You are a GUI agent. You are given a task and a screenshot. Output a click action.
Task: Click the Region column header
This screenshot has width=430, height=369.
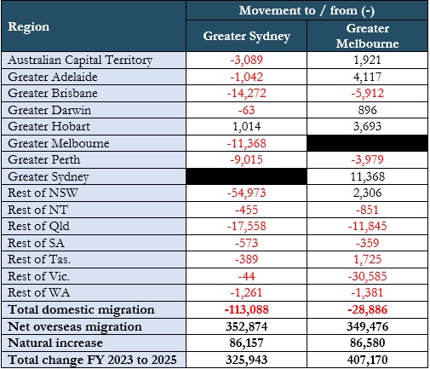pyautogui.click(x=29, y=27)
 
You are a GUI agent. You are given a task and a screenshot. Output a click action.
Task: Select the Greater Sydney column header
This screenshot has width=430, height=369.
pyautogui.click(x=246, y=37)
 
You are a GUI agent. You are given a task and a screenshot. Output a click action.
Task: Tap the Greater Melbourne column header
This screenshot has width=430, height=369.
pyautogui.click(x=368, y=36)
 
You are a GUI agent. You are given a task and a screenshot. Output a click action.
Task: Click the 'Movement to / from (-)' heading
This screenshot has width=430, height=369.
pyautogui.click(x=307, y=11)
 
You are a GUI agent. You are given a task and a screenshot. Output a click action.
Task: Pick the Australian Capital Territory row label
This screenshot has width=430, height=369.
pyautogui.click(x=80, y=61)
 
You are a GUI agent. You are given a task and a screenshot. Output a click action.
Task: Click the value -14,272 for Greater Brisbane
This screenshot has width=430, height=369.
pyautogui.click(x=246, y=94)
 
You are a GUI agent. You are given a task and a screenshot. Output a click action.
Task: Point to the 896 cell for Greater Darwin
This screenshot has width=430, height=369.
pyautogui.click(x=368, y=110)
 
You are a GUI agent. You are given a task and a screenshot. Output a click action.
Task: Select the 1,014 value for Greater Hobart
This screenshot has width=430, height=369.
pyautogui.click(x=246, y=127)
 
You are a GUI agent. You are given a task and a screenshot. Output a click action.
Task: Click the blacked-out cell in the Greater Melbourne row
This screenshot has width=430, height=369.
pyautogui.click(x=368, y=143)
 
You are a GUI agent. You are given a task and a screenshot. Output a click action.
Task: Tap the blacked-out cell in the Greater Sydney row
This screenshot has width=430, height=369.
pyautogui.click(x=246, y=176)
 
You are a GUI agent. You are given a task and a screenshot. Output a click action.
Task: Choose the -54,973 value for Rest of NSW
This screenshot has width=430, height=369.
pyautogui.click(x=246, y=193)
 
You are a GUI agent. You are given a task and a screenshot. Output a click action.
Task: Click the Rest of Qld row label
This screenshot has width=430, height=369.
pyautogui.click(x=38, y=227)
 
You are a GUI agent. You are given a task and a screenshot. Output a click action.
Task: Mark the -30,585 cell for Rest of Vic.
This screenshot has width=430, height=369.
pyautogui.click(x=368, y=276)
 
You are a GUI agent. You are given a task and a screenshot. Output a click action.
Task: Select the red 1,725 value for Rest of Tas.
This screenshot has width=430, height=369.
pyautogui.click(x=368, y=260)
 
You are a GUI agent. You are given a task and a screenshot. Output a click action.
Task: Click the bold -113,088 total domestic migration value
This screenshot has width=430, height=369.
pyautogui.click(x=246, y=309)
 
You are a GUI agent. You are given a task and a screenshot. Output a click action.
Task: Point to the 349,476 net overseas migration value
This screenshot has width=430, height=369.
pyautogui.click(x=368, y=326)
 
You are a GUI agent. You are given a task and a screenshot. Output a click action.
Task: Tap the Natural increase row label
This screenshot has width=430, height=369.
pyautogui.click(x=55, y=343)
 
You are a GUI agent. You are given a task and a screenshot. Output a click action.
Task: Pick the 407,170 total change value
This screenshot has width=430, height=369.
pyautogui.click(x=368, y=360)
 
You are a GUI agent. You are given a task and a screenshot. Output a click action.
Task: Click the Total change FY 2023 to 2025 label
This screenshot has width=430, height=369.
pyautogui.click(x=92, y=360)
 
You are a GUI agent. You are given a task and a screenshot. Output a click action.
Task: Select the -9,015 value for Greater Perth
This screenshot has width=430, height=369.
pyautogui.click(x=246, y=160)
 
